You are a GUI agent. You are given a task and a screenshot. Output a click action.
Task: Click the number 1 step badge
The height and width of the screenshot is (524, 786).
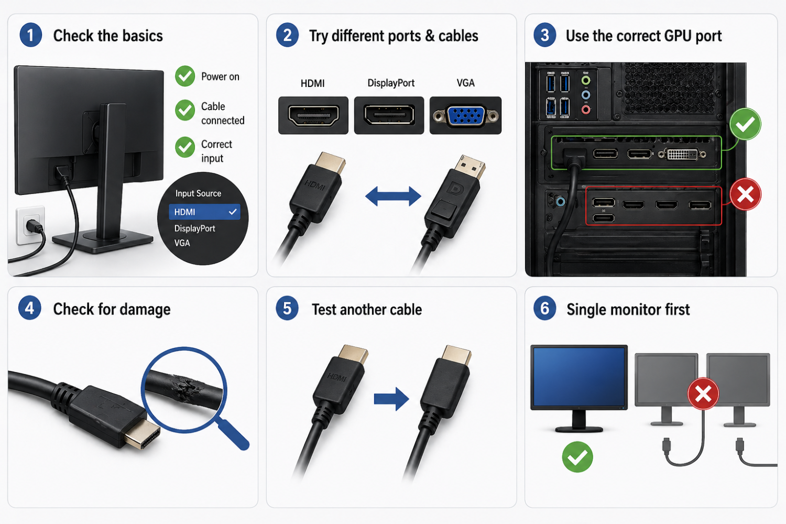tap(31, 35)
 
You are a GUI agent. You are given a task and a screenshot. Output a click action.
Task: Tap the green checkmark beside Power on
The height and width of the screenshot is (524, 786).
tap(185, 76)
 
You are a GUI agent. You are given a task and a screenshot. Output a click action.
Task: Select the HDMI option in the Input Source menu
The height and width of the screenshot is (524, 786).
tap(204, 212)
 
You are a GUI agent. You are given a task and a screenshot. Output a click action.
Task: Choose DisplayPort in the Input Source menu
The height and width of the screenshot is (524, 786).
tap(195, 228)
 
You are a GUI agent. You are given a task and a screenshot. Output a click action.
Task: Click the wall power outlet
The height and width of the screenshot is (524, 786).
tap(30, 225)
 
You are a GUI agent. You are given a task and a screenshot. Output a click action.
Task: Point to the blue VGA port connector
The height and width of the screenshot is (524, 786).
tap(466, 116)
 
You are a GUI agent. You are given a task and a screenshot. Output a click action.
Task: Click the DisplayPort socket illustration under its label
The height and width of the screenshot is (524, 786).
tap(389, 115)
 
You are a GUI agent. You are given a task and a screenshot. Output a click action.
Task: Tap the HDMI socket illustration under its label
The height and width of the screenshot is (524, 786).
tap(313, 115)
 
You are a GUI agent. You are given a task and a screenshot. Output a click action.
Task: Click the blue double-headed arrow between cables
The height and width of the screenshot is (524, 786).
tap(393, 196)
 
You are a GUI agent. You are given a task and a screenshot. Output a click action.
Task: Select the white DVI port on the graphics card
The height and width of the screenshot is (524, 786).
tap(682, 154)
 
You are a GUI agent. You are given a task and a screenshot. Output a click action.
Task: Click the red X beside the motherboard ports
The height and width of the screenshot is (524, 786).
tap(745, 194)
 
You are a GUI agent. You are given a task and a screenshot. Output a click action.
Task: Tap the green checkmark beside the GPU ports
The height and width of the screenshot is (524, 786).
tap(745, 124)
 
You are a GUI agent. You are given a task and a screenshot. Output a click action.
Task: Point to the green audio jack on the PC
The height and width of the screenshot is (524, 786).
tap(586, 80)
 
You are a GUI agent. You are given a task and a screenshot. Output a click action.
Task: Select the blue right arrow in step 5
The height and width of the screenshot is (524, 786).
tap(391, 399)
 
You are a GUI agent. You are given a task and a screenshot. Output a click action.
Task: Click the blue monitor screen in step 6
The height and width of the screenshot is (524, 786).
tap(579, 377)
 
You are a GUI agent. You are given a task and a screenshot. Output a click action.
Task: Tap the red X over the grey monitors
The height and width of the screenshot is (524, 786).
tap(703, 394)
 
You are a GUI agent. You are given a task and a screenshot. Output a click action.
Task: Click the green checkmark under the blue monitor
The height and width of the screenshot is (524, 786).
tap(577, 456)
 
